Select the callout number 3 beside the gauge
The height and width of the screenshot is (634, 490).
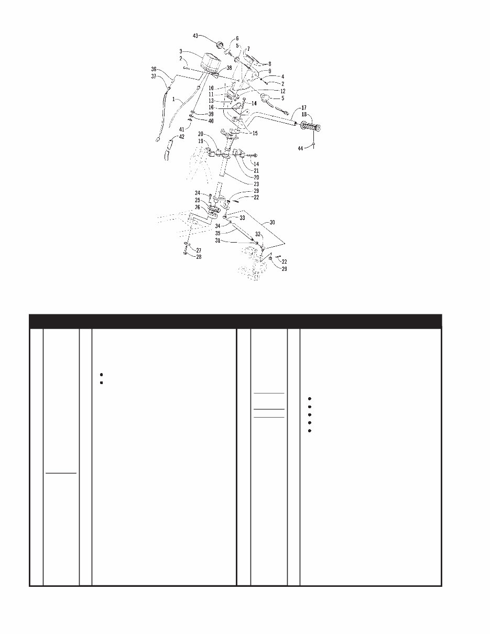180,51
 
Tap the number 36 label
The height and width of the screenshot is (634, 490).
154,69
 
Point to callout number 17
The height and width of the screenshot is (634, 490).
303,108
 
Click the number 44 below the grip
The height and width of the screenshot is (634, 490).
300,149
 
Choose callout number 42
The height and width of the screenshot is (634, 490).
181,137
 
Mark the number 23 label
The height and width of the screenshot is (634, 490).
257,184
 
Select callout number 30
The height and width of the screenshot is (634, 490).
272,222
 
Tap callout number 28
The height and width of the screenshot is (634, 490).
198,257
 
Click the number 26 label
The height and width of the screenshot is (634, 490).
198,207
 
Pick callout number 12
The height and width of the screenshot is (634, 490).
282,91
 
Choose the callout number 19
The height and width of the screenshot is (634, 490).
200,140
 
